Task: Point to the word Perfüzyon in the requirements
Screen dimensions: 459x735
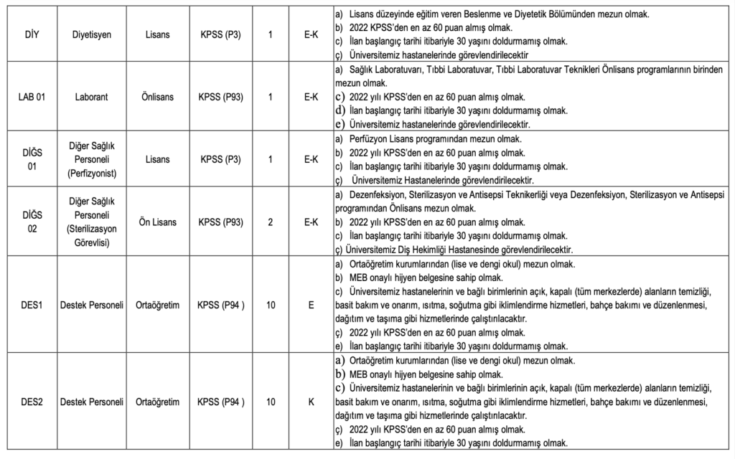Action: (367, 139)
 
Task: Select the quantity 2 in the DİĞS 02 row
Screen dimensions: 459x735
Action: (270, 222)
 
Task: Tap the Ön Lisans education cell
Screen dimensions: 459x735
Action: (156, 222)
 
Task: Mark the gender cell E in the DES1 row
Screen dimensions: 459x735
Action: (311, 305)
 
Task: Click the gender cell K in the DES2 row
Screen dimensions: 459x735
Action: (311, 402)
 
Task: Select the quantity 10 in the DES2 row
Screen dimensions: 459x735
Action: (270, 402)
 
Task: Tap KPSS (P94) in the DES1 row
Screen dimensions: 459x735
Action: (221, 305)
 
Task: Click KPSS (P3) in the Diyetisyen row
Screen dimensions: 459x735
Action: (220, 34)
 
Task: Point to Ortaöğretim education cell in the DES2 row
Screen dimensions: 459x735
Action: (156, 402)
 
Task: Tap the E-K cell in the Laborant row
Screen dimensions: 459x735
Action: (311, 97)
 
